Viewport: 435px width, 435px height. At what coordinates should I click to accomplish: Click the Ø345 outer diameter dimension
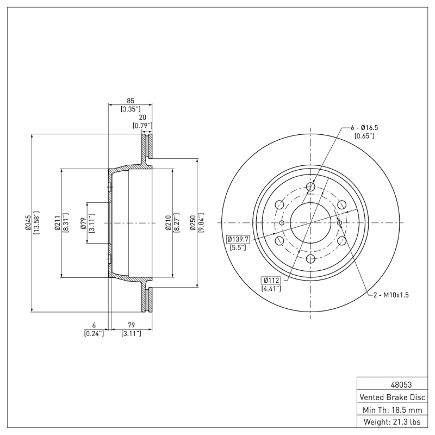(x=28, y=223)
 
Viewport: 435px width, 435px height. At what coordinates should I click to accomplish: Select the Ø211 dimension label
(x=57, y=223)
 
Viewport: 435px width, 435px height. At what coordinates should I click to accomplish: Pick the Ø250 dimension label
(x=192, y=223)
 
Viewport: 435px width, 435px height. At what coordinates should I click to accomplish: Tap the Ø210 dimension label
(x=169, y=223)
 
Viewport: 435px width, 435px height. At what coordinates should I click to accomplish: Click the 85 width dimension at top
(x=130, y=100)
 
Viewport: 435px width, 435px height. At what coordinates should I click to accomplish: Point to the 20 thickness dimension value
(x=142, y=117)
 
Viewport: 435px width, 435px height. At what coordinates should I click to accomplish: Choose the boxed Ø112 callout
(x=270, y=280)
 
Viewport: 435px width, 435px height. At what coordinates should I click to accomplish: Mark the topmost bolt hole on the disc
(x=310, y=187)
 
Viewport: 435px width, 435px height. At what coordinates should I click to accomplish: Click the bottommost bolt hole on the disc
(x=310, y=259)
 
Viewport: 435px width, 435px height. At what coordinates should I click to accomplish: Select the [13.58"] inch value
(x=36, y=223)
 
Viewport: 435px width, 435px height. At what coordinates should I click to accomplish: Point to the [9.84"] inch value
(x=201, y=223)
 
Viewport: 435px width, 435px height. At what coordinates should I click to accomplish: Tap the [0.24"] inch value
(x=94, y=333)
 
